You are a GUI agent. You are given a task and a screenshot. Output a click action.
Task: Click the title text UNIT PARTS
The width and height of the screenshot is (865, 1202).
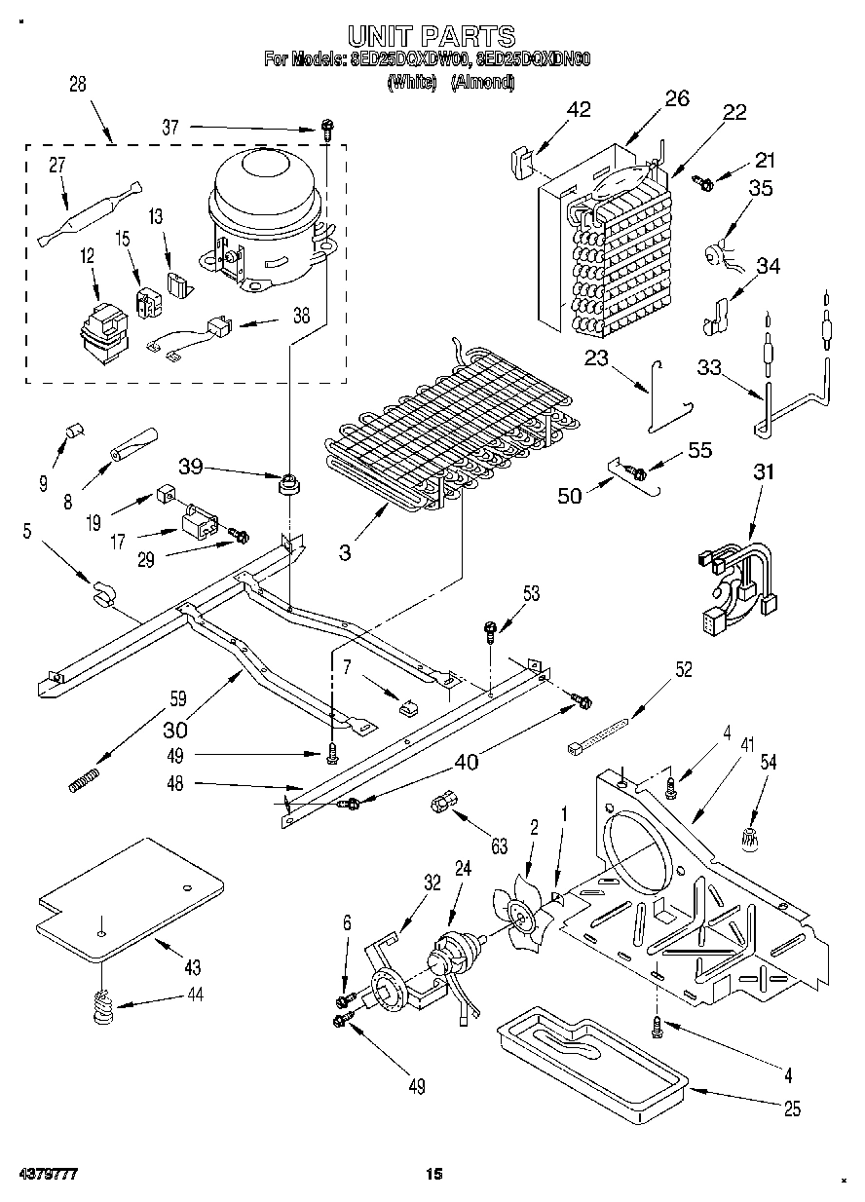(x=432, y=36)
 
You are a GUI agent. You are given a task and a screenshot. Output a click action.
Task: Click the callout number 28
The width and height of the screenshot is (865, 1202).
(x=78, y=85)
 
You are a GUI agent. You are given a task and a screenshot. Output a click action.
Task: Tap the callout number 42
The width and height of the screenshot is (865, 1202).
(x=579, y=109)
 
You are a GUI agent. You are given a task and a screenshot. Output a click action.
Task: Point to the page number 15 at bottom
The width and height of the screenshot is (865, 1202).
(x=433, y=1175)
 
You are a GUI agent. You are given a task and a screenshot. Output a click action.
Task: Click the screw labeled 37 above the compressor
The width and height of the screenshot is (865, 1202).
(x=328, y=127)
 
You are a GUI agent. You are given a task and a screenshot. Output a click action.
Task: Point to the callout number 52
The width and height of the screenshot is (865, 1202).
(x=685, y=669)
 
